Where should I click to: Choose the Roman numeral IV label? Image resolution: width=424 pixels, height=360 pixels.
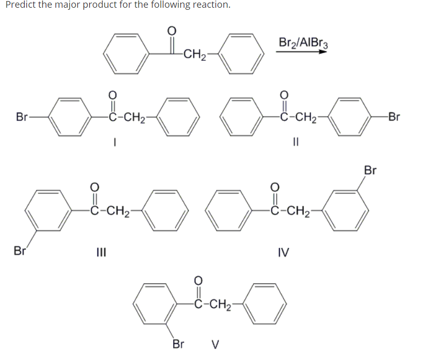coord(283,252)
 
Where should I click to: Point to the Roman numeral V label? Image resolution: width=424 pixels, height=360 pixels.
coord(216,344)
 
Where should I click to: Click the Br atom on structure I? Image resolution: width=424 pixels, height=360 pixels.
coord(22,117)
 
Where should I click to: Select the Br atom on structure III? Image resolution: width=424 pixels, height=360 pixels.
coord(20,252)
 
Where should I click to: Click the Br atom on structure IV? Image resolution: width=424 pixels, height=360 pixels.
coord(370,170)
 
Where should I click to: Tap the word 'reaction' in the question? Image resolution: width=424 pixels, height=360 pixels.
coord(208,5)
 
